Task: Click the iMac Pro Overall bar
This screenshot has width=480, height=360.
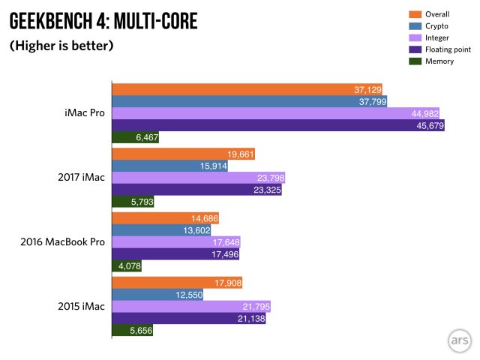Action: pos(247,89)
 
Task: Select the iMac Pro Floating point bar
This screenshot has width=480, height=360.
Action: pos(278,125)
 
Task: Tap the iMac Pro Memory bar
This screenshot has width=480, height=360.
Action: pos(135,137)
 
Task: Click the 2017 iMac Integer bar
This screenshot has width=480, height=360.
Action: pos(198,178)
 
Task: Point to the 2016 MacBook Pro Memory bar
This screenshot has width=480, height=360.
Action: pos(127,265)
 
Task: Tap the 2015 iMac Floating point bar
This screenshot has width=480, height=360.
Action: pos(188,319)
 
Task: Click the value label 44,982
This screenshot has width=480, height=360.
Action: pos(424,113)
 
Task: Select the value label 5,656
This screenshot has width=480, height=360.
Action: pos(137,331)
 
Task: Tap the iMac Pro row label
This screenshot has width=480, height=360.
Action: pos(84,113)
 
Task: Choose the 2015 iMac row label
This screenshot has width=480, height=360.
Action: pos(79,307)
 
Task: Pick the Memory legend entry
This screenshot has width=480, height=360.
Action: pos(439,61)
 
